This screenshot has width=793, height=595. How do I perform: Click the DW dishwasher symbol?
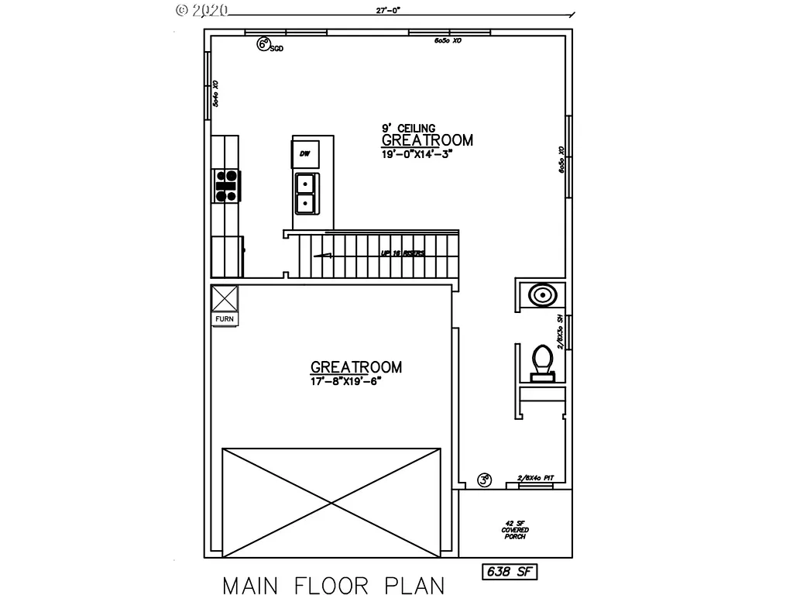click(304, 154)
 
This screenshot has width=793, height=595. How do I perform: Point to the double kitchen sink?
click(304, 193)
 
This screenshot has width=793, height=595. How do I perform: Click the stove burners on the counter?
click(226, 187)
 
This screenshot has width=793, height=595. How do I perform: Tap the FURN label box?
click(225, 318)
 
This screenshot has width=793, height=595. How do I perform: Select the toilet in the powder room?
click(542, 362)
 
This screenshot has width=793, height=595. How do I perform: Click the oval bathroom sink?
click(541, 295)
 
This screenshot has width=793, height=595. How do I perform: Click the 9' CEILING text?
click(408, 129)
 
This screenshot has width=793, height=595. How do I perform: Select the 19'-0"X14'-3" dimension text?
click(417, 153)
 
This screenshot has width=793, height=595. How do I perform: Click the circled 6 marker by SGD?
click(264, 45)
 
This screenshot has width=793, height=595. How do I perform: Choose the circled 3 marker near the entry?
click(486, 480)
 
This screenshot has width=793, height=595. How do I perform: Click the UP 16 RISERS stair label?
click(402, 253)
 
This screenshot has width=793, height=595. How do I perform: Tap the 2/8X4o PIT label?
click(534, 479)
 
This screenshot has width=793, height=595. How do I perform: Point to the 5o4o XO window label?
click(216, 93)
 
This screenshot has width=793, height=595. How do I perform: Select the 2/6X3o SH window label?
click(560, 331)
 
